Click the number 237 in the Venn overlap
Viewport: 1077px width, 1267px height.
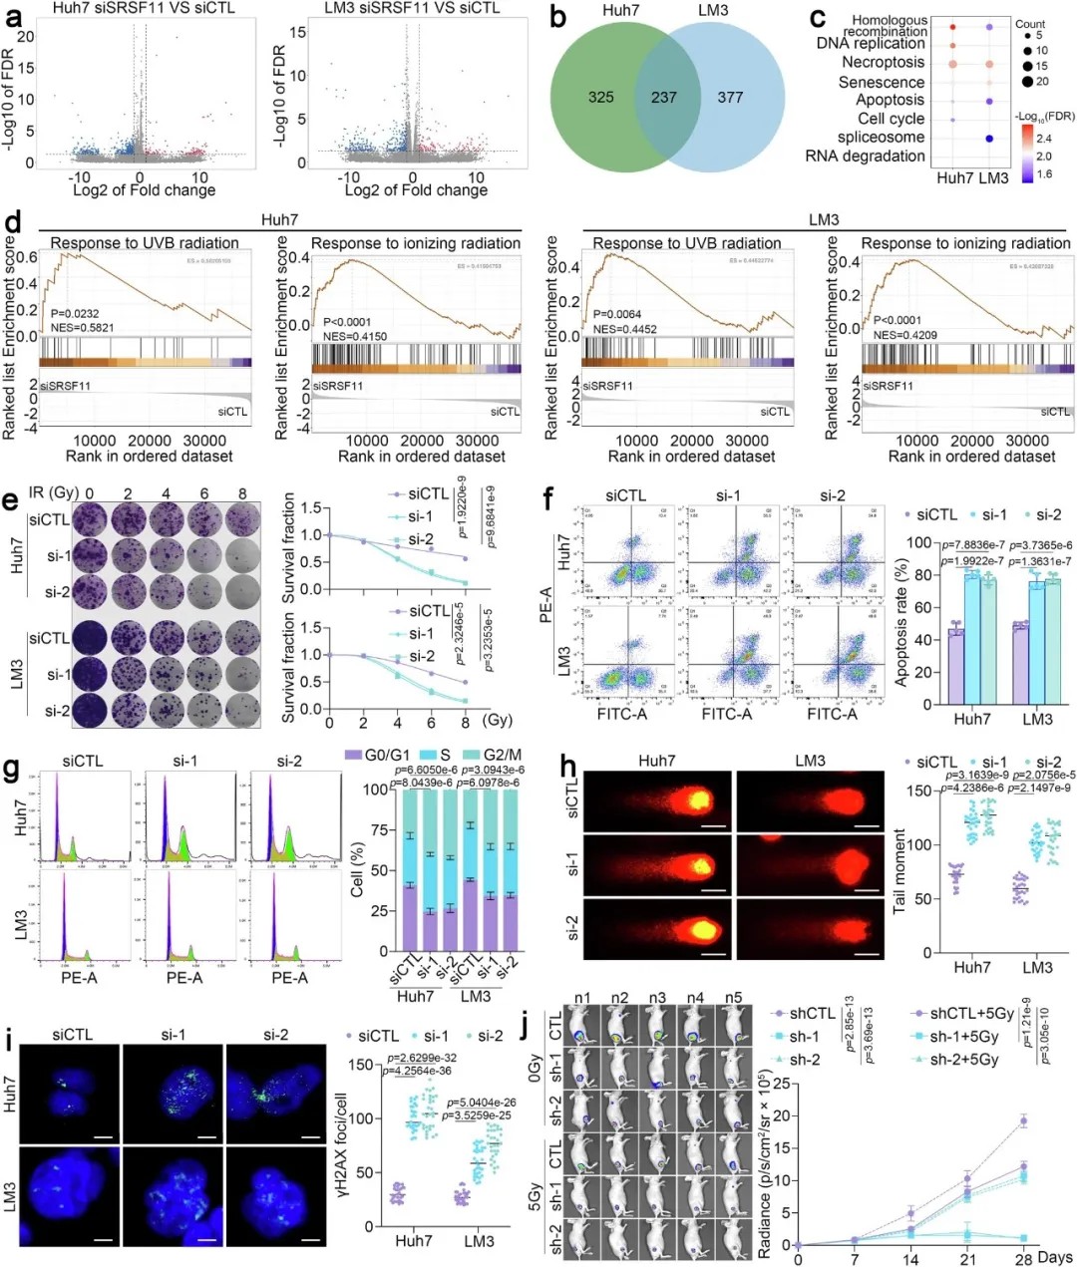click(663, 98)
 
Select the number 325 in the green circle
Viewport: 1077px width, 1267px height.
click(600, 98)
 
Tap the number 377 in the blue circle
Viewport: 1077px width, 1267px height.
click(730, 98)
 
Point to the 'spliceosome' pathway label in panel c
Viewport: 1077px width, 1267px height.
click(881, 138)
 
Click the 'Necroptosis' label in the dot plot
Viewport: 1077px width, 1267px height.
click(883, 62)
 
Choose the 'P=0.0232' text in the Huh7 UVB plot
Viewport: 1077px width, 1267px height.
click(76, 313)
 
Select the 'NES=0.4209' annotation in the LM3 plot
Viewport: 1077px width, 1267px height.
click(904, 335)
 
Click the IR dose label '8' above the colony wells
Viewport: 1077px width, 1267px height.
click(242, 493)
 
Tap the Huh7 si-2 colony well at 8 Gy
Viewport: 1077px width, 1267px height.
click(242, 591)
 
